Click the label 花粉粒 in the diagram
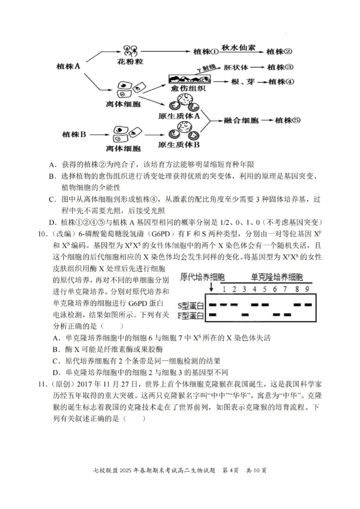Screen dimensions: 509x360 [x=132, y=62]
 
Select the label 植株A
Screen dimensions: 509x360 [x=68, y=66]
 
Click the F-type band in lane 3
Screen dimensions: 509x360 [x=245, y=314]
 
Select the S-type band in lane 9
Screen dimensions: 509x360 [x=308, y=304]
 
